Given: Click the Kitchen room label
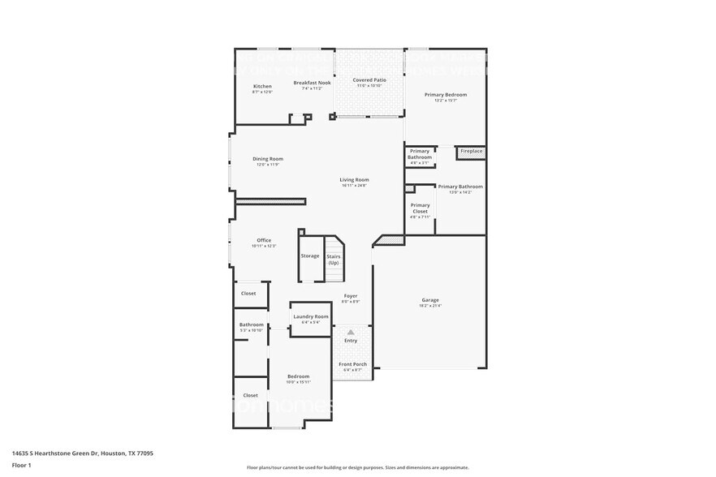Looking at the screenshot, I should click(262, 86).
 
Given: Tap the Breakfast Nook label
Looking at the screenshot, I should click(312, 83).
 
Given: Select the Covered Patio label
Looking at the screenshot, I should click(369, 80).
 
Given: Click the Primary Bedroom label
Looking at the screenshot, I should click(446, 95).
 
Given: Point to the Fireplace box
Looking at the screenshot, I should click(471, 151).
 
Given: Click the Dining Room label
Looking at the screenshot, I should click(268, 159).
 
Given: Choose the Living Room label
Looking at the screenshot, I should click(354, 179).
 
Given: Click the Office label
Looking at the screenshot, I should click(264, 240).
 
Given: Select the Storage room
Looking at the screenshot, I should click(310, 256).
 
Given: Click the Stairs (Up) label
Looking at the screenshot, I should click(334, 259).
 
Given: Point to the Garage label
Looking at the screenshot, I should click(429, 300).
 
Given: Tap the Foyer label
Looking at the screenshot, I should click(351, 296).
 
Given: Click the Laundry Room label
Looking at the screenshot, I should click(311, 316).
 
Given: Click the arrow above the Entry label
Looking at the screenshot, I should click(351, 332).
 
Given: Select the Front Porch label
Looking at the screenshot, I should click(352, 364).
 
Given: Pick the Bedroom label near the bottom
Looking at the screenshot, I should click(298, 376).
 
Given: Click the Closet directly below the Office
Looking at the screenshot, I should click(248, 294).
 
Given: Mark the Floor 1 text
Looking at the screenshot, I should click(21, 465).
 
